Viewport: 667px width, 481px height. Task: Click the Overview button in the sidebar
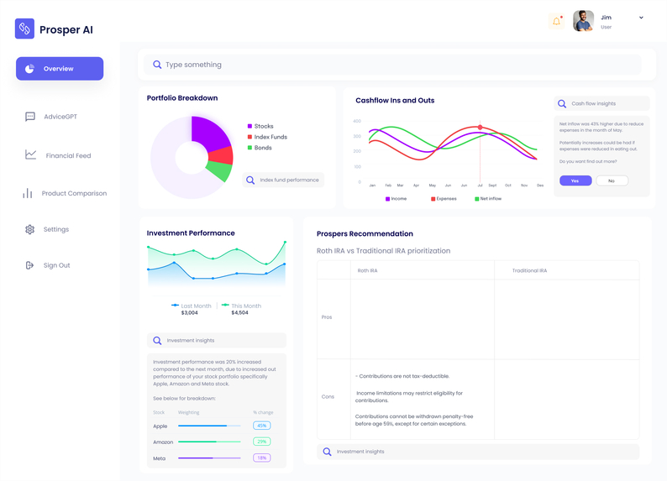click(x=59, y=69)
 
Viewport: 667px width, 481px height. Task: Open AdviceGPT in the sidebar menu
click(x=60, y=117)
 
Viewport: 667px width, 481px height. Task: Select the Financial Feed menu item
click(x=67, y=155)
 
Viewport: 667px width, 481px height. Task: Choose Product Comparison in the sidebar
click(x=73, y=194)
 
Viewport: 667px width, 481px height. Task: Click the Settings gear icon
click(x=30, y=229)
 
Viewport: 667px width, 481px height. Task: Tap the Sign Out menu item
click(x=56, y=265)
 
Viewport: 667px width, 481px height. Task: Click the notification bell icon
click(x=556, y=21)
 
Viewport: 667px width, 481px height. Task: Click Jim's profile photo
click(x=583, y=21)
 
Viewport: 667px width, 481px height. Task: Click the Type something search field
click(x=395, y=65)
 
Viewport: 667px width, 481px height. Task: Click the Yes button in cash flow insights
click(x=575, y=180)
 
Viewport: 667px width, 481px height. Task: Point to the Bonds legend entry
click(x=262, y=148)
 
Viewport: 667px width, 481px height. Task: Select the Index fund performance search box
click(x=283, y=180)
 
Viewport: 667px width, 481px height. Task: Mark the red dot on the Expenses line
click(x=480, y=128)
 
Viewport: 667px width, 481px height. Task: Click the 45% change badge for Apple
click(x=261, y=426)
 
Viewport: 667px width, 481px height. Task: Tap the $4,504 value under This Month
click(x=239, y=312)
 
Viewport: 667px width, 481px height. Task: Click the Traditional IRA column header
click(x=529, y=270)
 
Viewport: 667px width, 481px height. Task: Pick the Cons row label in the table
click(x=327, y=396)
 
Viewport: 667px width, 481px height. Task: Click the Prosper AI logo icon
click(x=24, y=29)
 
